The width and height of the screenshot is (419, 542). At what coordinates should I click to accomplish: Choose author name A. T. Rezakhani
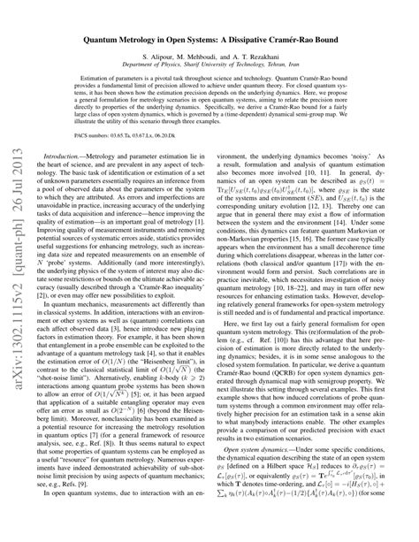pos(265,55)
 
